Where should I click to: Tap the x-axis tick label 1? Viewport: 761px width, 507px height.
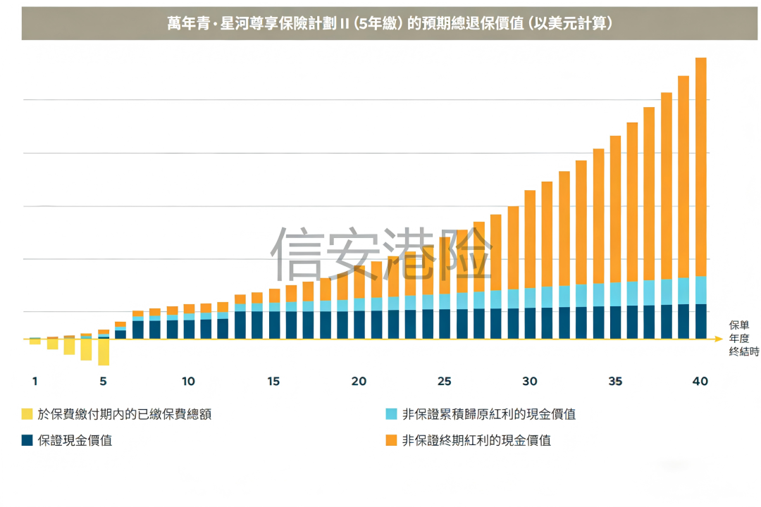(x=35, y=382)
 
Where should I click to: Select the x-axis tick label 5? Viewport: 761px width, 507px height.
(x=103, y=382)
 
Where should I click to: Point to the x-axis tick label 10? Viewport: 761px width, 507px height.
(x=188, y=382)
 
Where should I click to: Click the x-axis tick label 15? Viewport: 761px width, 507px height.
(x=273, y=382)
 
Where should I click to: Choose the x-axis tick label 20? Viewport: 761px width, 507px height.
(x=359, y=382)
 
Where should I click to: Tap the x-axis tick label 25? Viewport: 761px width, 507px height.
(x=444, y=382)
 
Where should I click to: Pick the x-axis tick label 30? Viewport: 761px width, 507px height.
(x=529, y=382)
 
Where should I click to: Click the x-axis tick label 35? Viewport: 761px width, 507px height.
(x=615, y=382)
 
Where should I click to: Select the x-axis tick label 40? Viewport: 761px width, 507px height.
(x=700, y=382)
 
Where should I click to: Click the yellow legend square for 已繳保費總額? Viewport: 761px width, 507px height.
(x=27, y=414)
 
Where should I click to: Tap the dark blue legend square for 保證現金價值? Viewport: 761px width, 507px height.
(x=27, y=441)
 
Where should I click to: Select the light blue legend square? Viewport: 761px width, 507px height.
(x=391, y=414)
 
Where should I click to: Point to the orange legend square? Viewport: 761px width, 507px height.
(x=391, y=441)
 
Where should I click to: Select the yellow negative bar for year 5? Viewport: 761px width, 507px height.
(x=104, y=352)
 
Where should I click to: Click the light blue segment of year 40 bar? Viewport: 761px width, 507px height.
(x=700, y=290)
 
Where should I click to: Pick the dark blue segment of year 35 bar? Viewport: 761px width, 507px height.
(x=615, y=323)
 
